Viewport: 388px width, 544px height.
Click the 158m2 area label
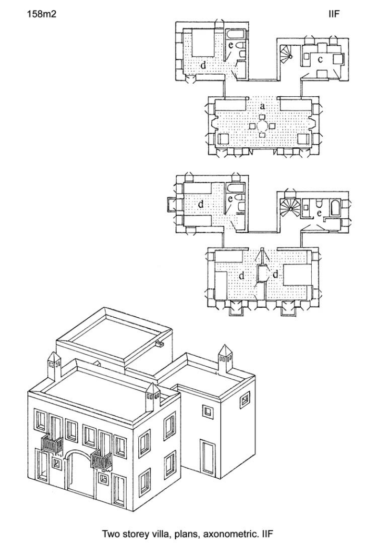tap(41, 15)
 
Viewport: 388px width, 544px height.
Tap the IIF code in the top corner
tap(333, 14)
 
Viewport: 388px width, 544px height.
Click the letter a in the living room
tap(262, 106)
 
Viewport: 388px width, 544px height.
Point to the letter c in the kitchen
tap(320, 59)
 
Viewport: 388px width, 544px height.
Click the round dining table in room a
tap(262, 126)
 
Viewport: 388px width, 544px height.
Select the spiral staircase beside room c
tap(287, 52)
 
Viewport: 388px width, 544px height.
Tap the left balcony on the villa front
tap(52, 445)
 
